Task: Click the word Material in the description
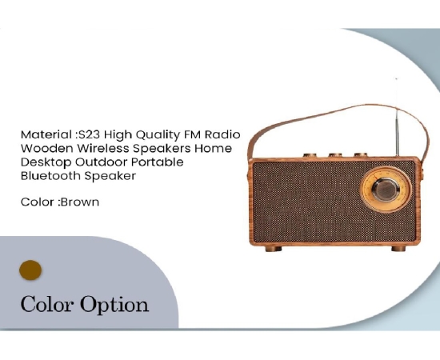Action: tap(46, 134)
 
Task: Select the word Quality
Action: tap(158, 135)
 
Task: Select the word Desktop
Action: tap(46, 162)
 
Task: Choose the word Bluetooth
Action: tap(50, 176)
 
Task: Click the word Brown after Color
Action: tap(80, 202)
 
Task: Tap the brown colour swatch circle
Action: tap(30, 270)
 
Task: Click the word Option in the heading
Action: tap(114, 305)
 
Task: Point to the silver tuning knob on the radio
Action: tap(386, 190)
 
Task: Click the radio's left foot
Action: tap(274, 249)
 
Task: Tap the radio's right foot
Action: tap(398, 249)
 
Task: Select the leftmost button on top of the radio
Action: tap(310, 155)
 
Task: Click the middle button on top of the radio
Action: tap(335, 155)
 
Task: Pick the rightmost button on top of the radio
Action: tap(361, 154)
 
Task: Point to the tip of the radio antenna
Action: tap(396, 79)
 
